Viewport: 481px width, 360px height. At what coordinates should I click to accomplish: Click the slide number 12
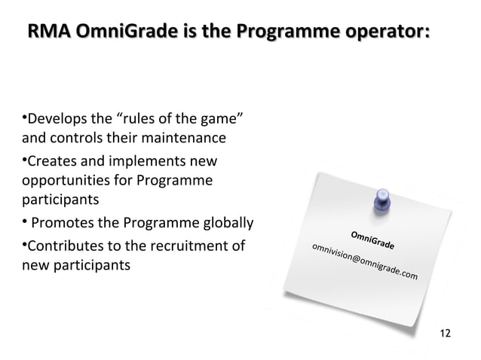click(445, 333)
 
